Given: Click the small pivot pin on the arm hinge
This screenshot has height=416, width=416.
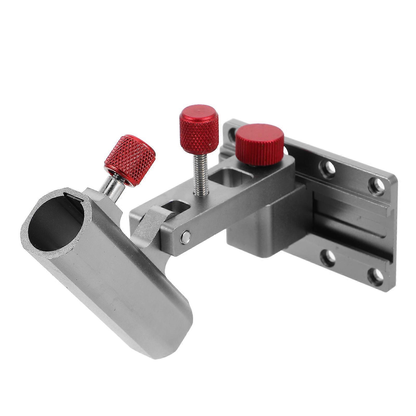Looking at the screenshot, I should [185, 235].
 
